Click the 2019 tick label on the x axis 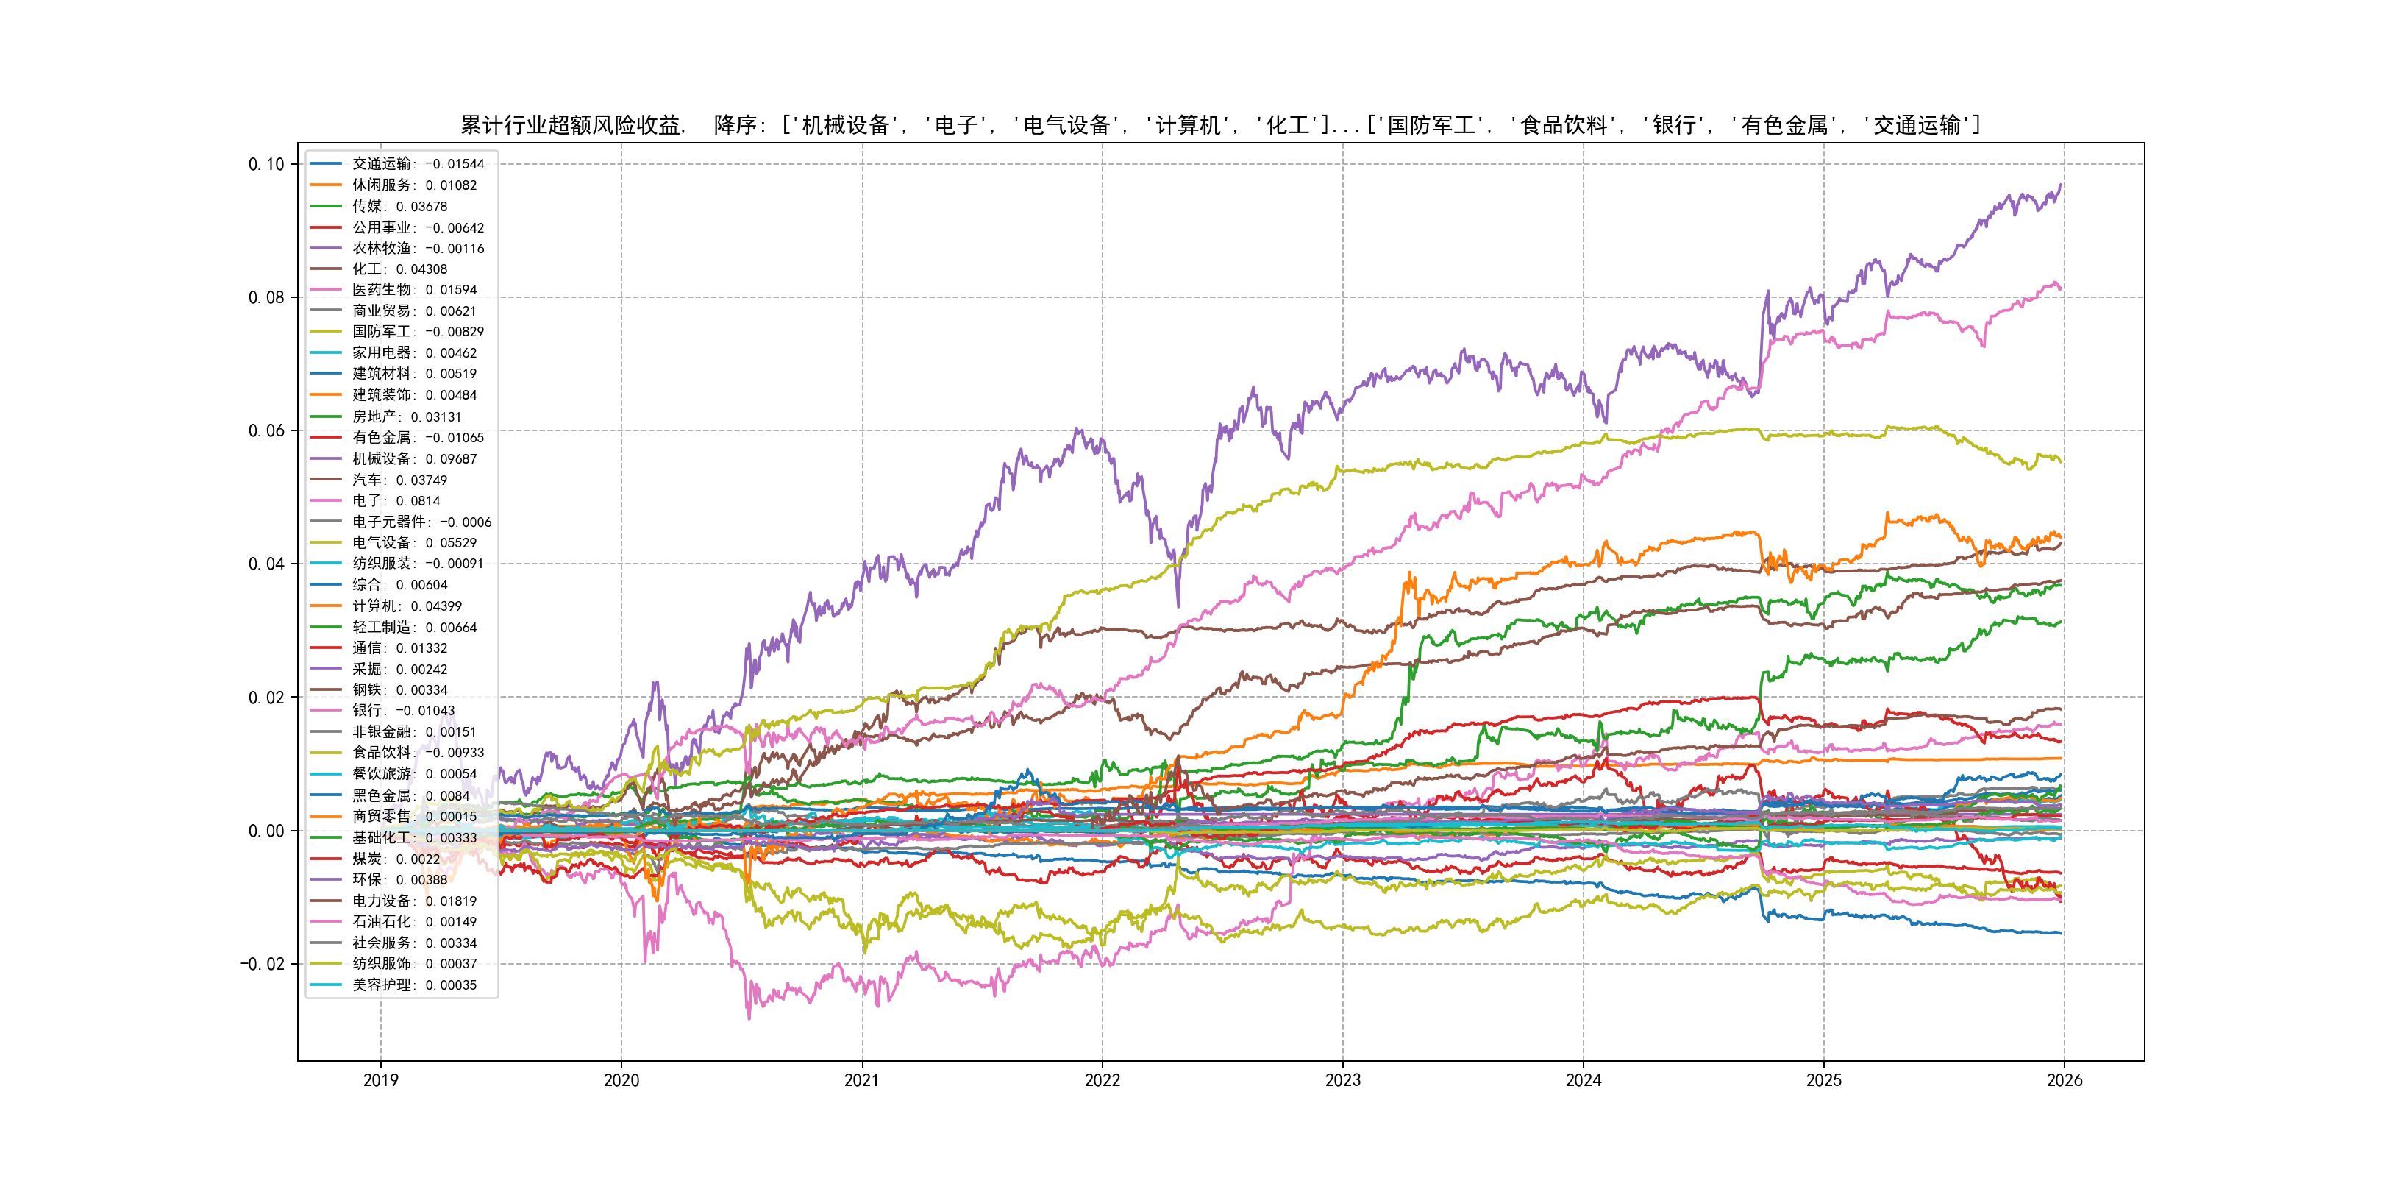pyautogui.click(x=380, y=1080)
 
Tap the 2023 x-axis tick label pyautogui.click(x=1342, y=1080)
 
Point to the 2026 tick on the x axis pyautogui.click(x=2064, y=1080)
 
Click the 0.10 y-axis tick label pyautogui.click(x=266, y=165)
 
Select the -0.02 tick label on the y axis pyautogui.click(x=263, y=965)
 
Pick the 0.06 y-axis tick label pyautogui.click(x=266, y=431)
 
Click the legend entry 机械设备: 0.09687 pyautogui.click(x=414, y=459)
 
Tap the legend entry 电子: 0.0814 pyautogui.click(x=396, y=500)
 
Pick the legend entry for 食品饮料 pyautogui.click(x=417, y=753)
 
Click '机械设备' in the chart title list pyautogui.click(x=846, y=125)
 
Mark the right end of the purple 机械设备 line pyautogui.click(x=2061, y=185)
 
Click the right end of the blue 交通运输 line pyautogui.click(x=2061, y=933)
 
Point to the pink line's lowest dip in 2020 pyautogui.click(x=749, y=1018)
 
